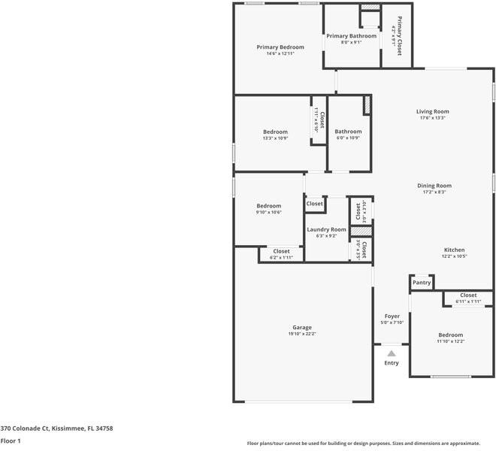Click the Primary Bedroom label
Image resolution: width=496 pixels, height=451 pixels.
[280, 47]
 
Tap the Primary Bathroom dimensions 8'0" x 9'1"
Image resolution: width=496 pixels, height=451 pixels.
[351, 43]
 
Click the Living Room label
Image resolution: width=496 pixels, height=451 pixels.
[432, 111]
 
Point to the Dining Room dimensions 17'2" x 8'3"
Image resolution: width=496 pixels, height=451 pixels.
[434, 192]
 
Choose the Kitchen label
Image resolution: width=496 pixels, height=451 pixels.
[454, 250]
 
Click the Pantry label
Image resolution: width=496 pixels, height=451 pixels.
[422, 283]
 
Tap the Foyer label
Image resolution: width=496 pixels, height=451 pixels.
[392, 316]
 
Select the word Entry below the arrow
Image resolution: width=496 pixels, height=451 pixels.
[392, 363]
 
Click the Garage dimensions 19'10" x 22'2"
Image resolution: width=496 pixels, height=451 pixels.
[302, 334]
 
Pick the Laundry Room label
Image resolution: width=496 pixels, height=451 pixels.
[327, 229]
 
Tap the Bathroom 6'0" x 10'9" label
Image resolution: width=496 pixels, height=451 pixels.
[348, 132]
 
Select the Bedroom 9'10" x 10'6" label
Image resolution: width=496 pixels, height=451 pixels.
[268, 206]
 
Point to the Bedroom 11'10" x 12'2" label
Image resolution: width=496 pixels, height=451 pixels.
[450, 334]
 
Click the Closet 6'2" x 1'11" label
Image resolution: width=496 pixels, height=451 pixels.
[281, 251]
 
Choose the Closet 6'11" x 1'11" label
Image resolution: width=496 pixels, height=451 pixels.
[467, 295]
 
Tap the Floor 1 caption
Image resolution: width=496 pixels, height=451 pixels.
[11, 441]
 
